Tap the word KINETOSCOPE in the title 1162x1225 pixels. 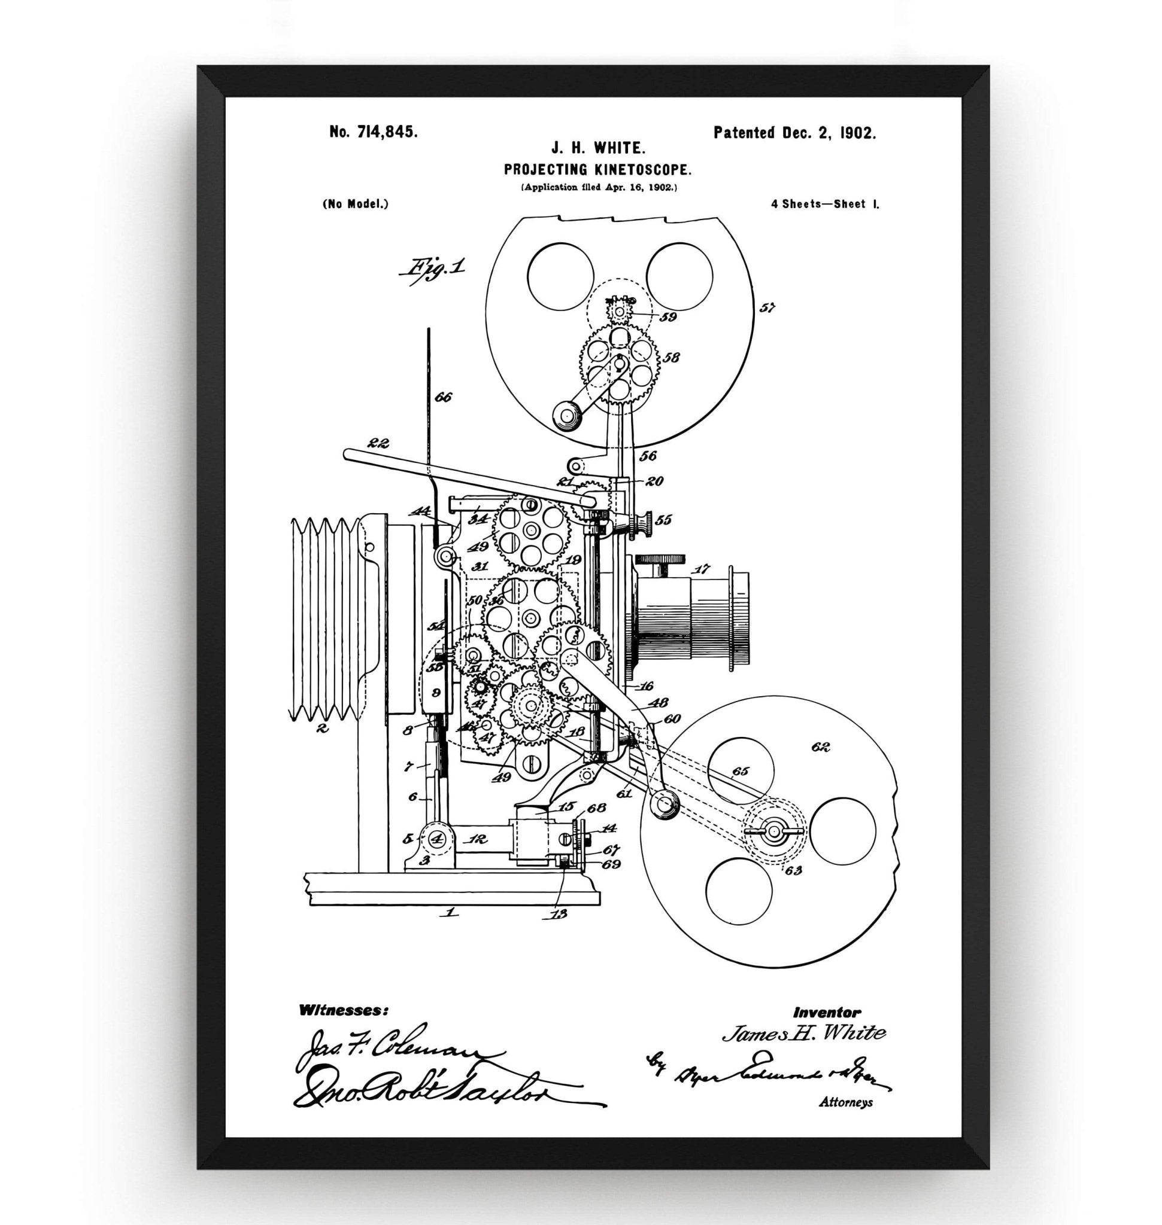coord(630,170)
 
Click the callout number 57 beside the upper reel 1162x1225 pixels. coord(767,307)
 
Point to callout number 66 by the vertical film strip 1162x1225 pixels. coord(442,397)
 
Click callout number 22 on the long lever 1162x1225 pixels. coord(377,443)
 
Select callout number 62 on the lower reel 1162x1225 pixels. coord(821,747)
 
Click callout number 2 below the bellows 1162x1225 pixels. coord(321,729)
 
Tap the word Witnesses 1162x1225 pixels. coord(344,1010)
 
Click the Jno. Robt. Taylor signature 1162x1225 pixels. coord(433,1087)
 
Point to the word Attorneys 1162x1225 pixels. coord(845,1102)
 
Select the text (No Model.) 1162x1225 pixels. coord(356,203)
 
